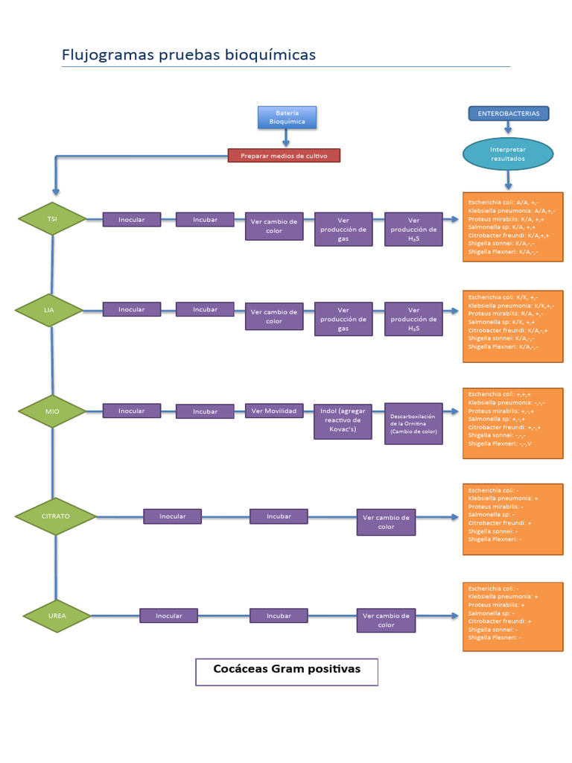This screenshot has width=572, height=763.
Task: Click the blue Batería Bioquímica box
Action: [286, 117]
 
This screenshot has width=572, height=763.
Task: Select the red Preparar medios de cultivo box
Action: [283, 156]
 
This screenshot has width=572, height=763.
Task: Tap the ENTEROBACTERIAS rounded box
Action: [509, 113]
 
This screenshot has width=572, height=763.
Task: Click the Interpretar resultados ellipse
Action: [508, 154]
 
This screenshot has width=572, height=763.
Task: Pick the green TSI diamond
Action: [52, 219]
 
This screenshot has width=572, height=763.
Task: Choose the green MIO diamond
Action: [52, 411]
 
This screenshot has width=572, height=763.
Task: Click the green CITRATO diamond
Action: [56, 516]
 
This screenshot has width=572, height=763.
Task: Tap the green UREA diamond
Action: [57, 615]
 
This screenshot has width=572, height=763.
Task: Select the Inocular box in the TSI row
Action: [132, 220]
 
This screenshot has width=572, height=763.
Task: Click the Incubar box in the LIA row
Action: [205, 309]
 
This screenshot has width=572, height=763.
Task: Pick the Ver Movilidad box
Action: [273, 411]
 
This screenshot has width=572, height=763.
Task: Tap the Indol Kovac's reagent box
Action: [343, 421]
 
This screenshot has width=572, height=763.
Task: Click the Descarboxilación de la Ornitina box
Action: [413, 424]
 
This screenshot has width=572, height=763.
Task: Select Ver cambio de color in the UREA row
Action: [386, 621]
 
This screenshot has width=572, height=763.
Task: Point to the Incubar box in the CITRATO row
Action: [279, 516]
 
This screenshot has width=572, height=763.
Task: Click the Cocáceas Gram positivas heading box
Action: [287, 671]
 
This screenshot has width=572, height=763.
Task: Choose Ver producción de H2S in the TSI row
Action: [413, 229]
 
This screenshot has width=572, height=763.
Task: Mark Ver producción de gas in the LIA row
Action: [343, 319]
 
